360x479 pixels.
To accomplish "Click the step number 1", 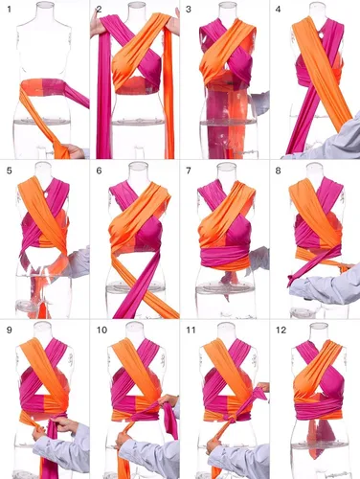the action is (x=9, y=10).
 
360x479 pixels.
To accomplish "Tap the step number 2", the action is (x=99, y=10).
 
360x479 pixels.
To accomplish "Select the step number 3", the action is (x=189, y=10).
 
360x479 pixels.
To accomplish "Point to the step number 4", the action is (x=279, y=10).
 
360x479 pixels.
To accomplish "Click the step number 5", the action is (x=9, y=171).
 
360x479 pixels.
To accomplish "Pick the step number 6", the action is (x=99, y=171).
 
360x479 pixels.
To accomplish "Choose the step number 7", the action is (x=189, y=171).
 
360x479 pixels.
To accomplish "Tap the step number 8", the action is (x=279, y=171).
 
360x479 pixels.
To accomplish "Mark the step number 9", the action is (x=9, y=330).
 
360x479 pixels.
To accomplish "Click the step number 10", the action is (x=101, y=330).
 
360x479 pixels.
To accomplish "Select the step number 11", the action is (x=191, y=330).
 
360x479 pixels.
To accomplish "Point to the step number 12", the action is (x=281, y=330).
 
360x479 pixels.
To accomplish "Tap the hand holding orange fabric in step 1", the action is (x=74, y=151).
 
